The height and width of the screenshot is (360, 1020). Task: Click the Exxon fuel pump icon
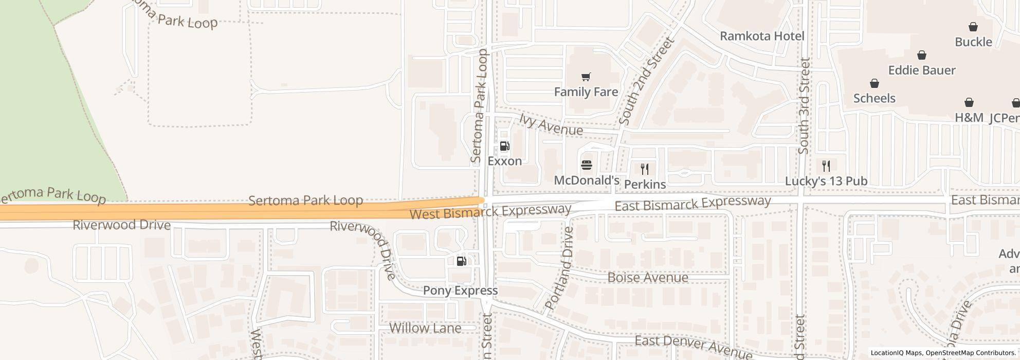coord(504,147)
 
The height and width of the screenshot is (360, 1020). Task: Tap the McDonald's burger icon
coord(587,165)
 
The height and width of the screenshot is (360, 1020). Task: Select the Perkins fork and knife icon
coord(645,169)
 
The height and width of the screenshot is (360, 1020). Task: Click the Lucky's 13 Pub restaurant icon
coord(826,166)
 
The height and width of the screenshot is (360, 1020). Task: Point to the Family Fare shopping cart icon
coord(586,77)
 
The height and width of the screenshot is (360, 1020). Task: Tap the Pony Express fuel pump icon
coord(461,261)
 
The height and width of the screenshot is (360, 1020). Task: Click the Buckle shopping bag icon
coord(973,27)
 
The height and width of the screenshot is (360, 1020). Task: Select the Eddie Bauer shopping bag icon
coord(922,55)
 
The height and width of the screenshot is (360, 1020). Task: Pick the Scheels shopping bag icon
coord(874,83)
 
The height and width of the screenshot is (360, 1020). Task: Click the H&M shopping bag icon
coord(969,103)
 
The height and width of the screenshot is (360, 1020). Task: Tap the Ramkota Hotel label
coord(762,36)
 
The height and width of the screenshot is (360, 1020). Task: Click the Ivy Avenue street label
coord(551,125)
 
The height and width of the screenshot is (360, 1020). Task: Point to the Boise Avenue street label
coord(648,278)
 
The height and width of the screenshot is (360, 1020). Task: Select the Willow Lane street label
coord(425,328)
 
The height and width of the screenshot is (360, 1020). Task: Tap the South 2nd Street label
coord(646,81)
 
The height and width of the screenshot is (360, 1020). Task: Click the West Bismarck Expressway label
coord(490,211)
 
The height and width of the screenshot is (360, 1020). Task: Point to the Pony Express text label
coord(460,291)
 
